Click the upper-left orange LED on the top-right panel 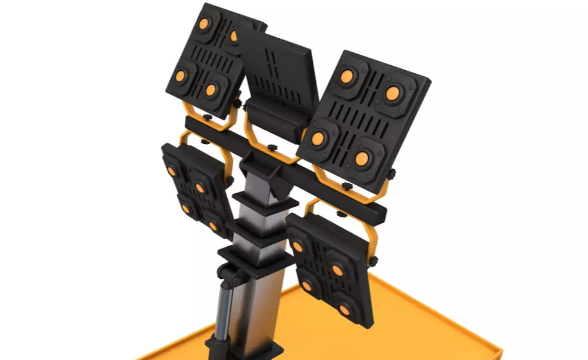pyautogui.click(x=347, y=76)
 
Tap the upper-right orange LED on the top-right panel pyautogui.click(x=393, y=94)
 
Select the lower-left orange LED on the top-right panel pyautogui.click(x=318, y=138)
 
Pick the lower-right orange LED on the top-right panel pyautogui.click(x=362, y=158)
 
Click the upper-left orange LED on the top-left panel pyautogui.click(x=203, y=24)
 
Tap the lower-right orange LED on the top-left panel pyautogui.click(x=211, y=90)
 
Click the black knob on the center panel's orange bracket pyautogui.click(x=272, y=147)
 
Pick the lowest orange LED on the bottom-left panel pyautogui.click(x=213, y=226)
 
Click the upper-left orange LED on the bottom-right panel pyautogui.click(x=298, y=247)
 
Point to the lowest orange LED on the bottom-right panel pyautogui.click(x=345, y=310)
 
